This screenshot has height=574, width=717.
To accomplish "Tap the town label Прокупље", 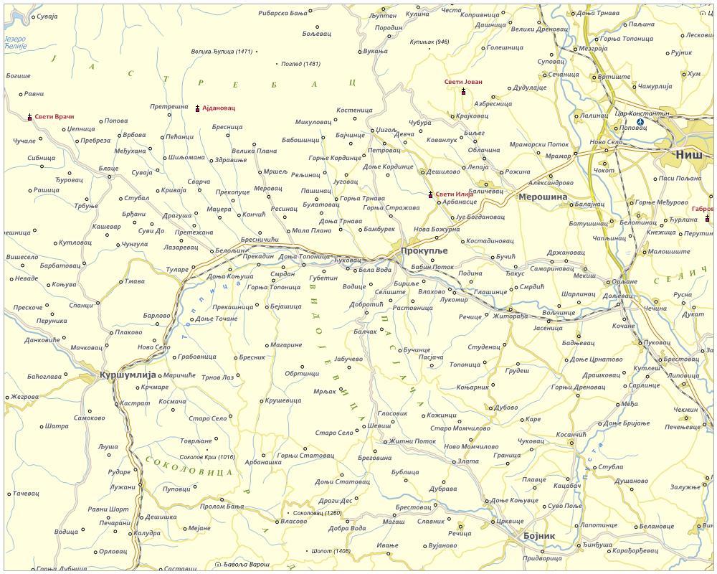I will tap(424, 250).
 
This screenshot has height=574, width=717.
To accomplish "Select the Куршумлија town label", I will tap(128, 375).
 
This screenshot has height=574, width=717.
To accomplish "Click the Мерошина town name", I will tap(542, 197).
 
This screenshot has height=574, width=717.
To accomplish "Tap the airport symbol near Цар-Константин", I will tap(640, 122).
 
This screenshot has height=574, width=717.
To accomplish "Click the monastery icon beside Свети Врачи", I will tap(29, 116).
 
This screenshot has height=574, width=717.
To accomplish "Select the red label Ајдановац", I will tap(219, 108).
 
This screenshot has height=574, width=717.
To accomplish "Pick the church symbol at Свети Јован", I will tap(464, 91).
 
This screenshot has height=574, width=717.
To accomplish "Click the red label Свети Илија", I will tap(455, 194).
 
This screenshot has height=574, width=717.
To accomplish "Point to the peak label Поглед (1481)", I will tap(301, 64).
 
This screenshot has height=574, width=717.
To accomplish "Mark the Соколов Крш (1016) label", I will tap(206, 456).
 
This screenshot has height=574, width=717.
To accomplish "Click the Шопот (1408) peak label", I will tap(331, 551).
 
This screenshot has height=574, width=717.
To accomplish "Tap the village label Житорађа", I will tap(509, 316).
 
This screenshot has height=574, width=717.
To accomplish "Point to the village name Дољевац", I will tap(598, 296).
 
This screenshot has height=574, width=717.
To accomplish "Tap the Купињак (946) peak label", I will tap(429, 42).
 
